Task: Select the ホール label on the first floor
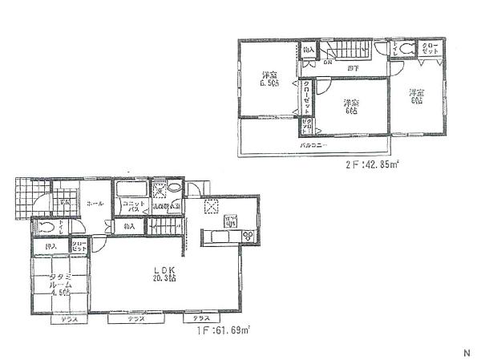click(x=94, y=204)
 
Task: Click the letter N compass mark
click(x=467, y=352)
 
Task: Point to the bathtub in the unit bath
click(x=131, y=192)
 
